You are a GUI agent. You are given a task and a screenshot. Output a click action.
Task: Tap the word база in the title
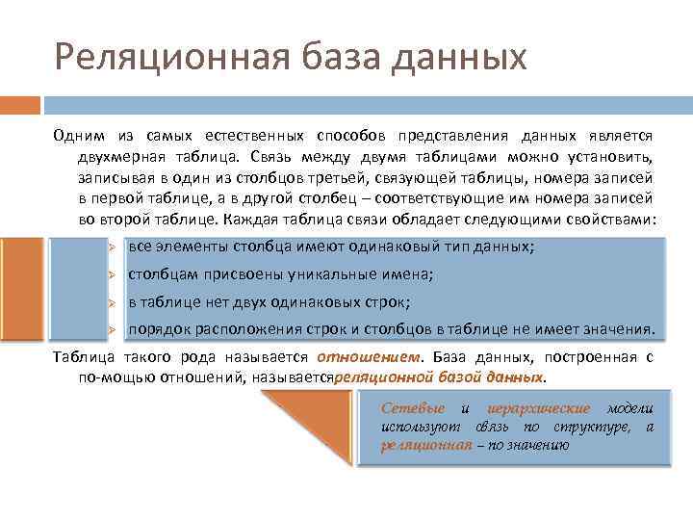[326, 57]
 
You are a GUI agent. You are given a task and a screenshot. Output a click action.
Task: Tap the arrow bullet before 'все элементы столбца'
[113, 247]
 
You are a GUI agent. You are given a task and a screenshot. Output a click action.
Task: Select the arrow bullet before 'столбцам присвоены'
[113, 274]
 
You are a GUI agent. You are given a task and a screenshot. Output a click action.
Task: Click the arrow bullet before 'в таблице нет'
[113, 302]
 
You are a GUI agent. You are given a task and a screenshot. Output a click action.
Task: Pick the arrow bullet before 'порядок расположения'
[113, 329]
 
